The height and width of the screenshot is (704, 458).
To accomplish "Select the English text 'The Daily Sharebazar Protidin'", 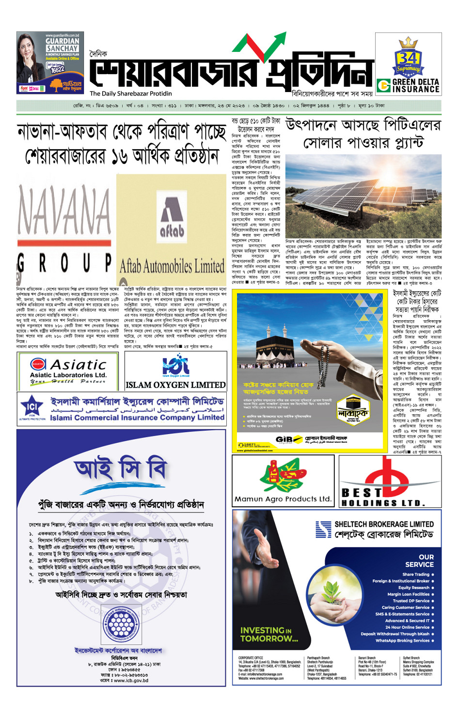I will [x=130, y=94].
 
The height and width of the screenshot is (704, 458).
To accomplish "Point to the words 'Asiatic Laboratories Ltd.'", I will [x=68, y=375].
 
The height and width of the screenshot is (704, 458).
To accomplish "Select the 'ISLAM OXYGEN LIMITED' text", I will [x=175, y=385].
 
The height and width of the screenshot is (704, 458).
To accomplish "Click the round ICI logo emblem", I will [x=32, y=407].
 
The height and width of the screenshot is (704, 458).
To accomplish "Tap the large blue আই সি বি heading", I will [x=121, y=469].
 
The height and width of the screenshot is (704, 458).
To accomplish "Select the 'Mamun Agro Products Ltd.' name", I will [x=283, y=499].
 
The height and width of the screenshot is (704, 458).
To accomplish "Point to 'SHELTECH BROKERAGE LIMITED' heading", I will [x=384, y=524].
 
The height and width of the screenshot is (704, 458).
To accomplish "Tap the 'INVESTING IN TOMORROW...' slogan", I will [x=269, y=634].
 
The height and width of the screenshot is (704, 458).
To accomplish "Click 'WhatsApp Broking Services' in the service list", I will [x=402, y=641].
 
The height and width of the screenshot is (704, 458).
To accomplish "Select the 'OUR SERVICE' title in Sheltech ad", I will [x=420, y=561].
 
